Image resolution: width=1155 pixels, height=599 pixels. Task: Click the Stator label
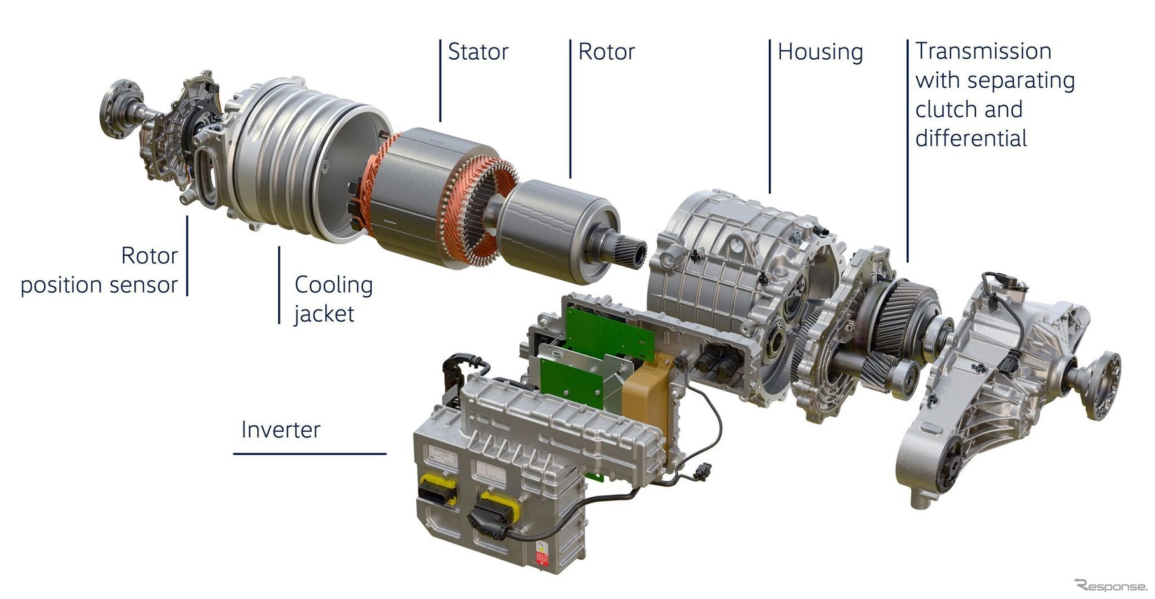(x=478, y=52)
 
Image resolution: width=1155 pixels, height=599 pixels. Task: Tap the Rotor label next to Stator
(x=606, y=52)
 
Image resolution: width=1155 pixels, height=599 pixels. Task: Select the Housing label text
(x=820, y=52)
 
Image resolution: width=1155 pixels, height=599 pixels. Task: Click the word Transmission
(x=983, y=51)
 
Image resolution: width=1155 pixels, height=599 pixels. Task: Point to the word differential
(x=971, y=138)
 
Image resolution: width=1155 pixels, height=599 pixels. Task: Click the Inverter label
(x=281, y=430)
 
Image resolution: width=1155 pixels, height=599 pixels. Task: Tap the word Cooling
(x=333, y=285)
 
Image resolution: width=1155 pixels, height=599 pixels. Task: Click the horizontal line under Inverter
(x=310, y=454)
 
